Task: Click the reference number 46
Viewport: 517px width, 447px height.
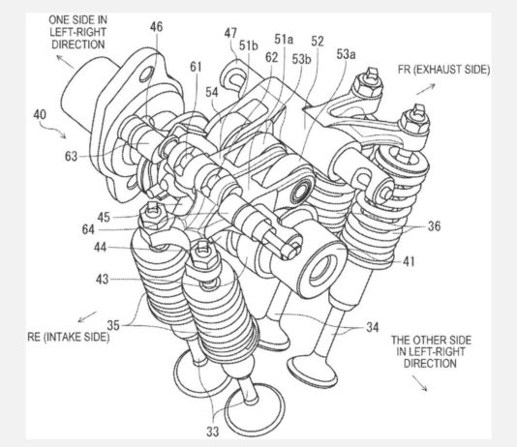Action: pyautogui.click(x=156, y=27)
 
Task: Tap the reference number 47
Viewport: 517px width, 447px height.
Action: pyautogui.click(x=230, y=33)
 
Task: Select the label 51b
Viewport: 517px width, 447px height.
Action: pyautogui.click(x=249, y=45)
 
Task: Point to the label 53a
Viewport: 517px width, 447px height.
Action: pyautogui.click(x=346, y=54)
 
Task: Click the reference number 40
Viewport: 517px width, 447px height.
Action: pyautogui.click(x=40, y=114)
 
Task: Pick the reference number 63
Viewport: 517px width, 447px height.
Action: pyautogui.click(x=71, y=156)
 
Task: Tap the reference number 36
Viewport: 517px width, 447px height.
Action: pyautogui.click(x=435, y=226)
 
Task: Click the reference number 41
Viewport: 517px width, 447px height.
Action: pyautogui.click(x=409, y=261)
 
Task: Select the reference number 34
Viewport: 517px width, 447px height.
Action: pyautogui.click(x=373, y=327)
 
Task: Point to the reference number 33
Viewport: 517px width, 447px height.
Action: pyautogui.click(x=213, y=432)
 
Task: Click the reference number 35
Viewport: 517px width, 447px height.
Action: pyautogui.click(x=112, y=325)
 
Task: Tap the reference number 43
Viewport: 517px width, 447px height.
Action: pyautogui.click(x=102, y=280)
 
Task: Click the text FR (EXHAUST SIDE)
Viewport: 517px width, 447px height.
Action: pyautogui.click(x=443, y=70)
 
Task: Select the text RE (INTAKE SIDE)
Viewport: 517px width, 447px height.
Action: pyautogui.click(x=68, y=337)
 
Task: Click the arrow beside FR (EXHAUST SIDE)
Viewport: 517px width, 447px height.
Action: pyautogui.click(x=426, y=89)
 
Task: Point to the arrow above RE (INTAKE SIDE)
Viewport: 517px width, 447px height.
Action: pyautogui.click(x=87, y=317)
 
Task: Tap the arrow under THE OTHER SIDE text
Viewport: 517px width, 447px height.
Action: pyautogui.click(x=420, y=383)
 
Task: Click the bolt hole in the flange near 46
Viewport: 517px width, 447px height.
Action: pyautogui.click(x=146, y=74)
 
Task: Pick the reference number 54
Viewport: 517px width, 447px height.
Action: pyautogui.click(x=212, y=92)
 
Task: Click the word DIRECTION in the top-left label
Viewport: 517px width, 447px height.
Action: pyautogui.click(x=78, y=45)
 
